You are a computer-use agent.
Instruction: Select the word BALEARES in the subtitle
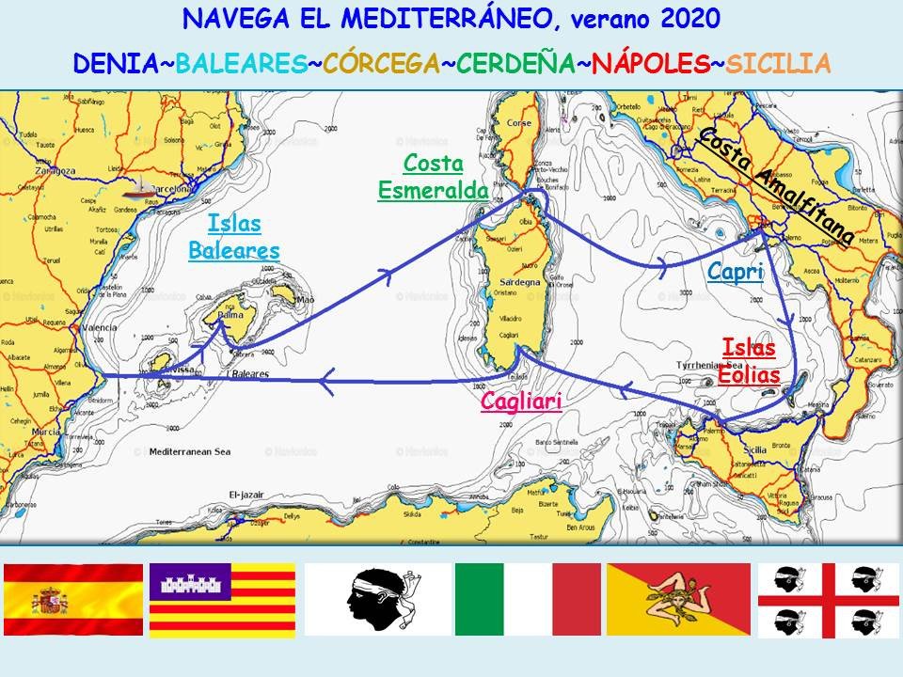[x=242, y=63]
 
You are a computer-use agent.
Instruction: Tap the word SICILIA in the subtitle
[x=779, y=63]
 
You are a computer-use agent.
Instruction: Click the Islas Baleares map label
[x=234, y=237]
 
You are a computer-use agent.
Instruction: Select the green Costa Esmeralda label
[x=434, y=177]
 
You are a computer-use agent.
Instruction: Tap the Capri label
[x=735, y=272]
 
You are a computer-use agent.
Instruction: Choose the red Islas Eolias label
[x=749, y=361]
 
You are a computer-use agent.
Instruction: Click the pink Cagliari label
[x=521, y=401]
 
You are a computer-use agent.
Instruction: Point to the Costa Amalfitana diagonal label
[x=776, y=185]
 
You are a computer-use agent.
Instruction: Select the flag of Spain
[x=73, y=599]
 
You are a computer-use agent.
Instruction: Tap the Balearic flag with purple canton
[x=223, y=599]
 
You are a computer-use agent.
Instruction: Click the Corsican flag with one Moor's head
[x=377, y=599]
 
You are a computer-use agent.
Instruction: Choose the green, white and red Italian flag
[x=527, y=599]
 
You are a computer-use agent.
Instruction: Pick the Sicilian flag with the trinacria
[x=678, y=599]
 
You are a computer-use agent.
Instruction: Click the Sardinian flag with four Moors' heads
[x=829, y=599]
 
